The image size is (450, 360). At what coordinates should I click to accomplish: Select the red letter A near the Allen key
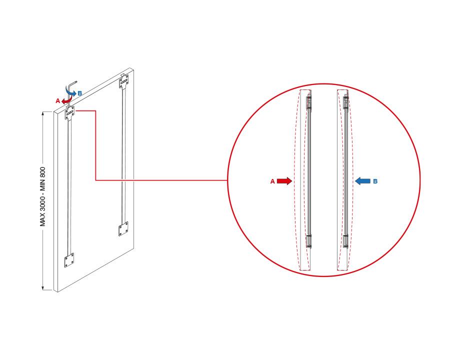[x=57, y=101]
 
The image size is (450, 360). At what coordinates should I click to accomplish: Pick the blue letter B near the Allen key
[x=80, y=93]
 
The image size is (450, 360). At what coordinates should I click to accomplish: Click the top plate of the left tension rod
[x=69, y=113]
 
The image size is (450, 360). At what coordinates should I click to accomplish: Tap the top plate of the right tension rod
[x=124, y=81]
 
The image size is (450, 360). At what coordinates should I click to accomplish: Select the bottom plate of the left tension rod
[x=69, y=260]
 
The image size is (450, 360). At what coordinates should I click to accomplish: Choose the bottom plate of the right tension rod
[x=123, y=229]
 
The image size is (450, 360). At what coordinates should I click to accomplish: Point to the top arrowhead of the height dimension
[x=43, y=113]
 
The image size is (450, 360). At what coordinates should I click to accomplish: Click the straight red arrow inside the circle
[x=284, y=181]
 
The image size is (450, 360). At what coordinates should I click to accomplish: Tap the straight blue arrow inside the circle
[x=362, y=181]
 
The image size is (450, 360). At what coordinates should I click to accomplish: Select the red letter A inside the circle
[x=272, y=181]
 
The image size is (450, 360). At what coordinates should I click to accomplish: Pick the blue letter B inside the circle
[x=375, y=181]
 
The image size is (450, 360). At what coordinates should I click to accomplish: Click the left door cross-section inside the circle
[x=309, y=180]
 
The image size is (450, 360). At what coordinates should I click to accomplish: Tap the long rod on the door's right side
[x=123, y=155]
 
